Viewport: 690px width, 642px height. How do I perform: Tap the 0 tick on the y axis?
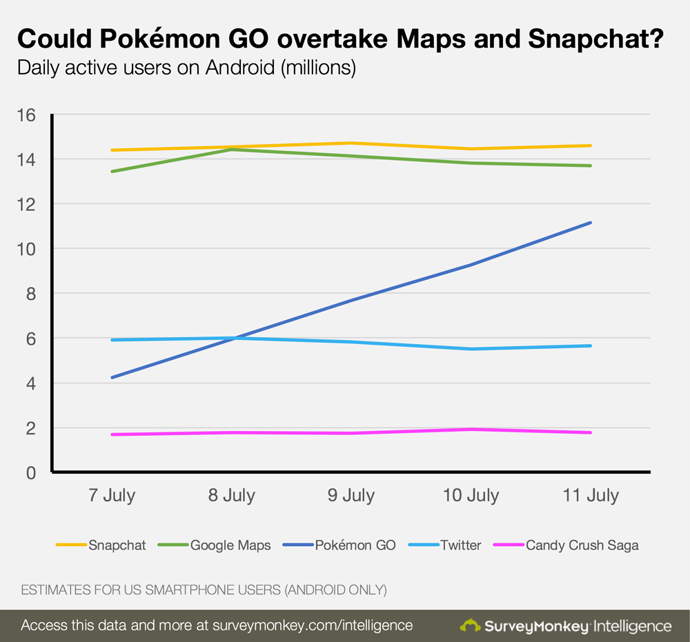coord(31,473)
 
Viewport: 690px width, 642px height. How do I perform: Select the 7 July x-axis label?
coord(111,495)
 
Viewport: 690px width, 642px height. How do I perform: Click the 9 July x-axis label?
coord(351,495)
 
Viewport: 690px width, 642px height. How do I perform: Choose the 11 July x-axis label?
coord(591,495)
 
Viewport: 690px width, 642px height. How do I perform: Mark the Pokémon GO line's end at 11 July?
coord(591,223)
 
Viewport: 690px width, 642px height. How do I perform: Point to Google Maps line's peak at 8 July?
coord(231,149)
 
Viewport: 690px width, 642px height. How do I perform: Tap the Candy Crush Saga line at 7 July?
coord(112,434)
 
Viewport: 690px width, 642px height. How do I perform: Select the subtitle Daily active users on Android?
coord(186,68)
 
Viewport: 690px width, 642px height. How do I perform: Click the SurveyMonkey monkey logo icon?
coord(471,625)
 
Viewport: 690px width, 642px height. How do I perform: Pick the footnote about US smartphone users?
coord(204,590)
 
